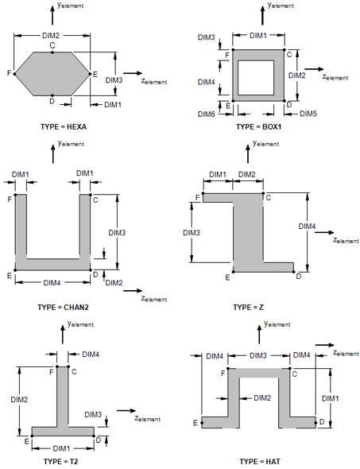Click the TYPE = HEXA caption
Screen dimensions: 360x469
pyautogui.click(x=64, y=126)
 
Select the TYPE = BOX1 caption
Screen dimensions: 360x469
pyautogui.click(x=258, y=126)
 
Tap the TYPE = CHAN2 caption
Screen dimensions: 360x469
pyautogui.click(x=63, y=307)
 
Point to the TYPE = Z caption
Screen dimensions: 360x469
pyautogui.click(x=248, y=307)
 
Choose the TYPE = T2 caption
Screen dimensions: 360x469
pyautogui.click(x=60, y=462)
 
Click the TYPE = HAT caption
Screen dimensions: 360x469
pyautogui.click(x=260, y=462)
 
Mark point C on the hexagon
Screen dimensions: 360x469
pyautogui.click(x=52, y=52)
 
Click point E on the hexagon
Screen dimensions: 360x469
pyautogui.click(x=90, y=74)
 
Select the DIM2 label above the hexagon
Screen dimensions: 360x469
pyautogui.click(x=51, y=36)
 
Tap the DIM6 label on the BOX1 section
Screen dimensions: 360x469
pyautogui.click(x=207, y=114)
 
